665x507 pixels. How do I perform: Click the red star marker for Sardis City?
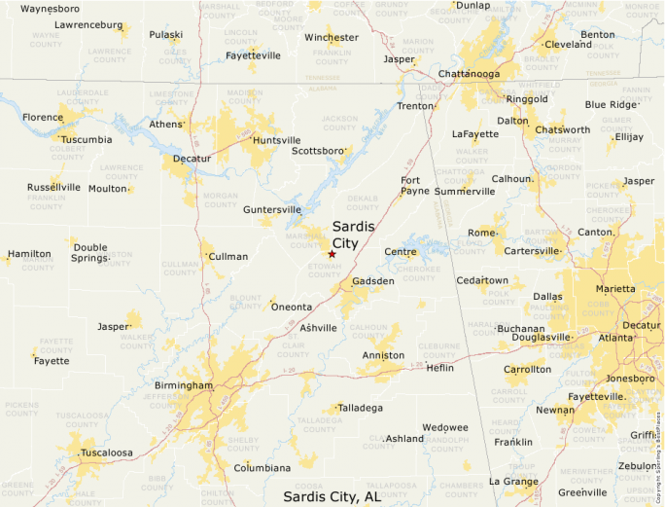pos(332,254)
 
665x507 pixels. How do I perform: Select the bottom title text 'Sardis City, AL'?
pos(332,496)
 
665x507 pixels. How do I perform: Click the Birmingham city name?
pos(183,385)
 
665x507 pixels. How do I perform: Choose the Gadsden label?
pos(373,281)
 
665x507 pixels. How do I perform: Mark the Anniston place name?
pos(382,355)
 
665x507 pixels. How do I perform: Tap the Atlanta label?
pos(615,338)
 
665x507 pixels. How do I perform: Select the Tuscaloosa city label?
pos(106,453)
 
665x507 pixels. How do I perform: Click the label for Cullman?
pos(228,257)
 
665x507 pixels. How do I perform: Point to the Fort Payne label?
pos(415,185)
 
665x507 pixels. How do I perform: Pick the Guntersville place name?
pos(272,209)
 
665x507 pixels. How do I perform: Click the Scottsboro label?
pos(319,151)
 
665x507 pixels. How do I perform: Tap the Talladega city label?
pos(359,408)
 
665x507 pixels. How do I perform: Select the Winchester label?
pos(332,38)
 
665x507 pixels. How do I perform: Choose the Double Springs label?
pos(90,253)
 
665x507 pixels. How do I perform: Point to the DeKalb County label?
pos(364,202)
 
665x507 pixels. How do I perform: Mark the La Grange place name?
pos(513,481)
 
